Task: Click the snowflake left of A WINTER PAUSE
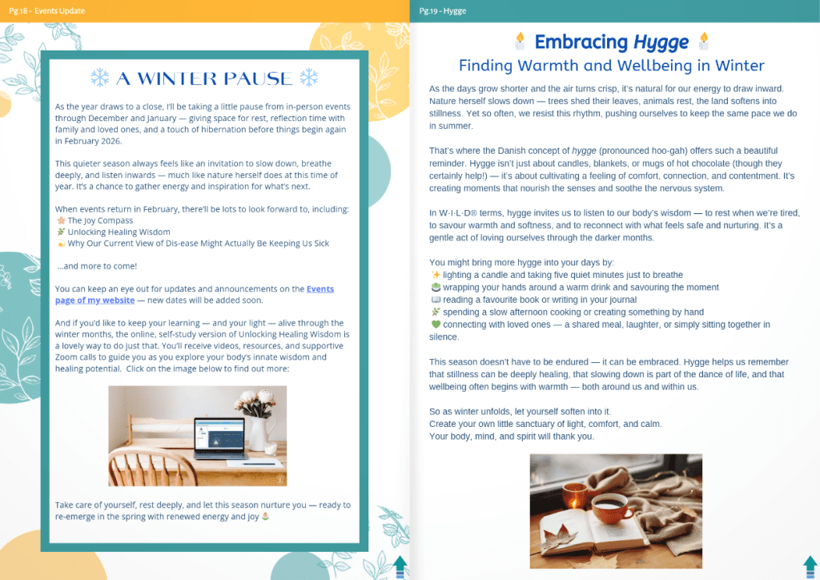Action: (x=100, y=78)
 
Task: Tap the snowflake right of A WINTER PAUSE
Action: (x=309, y=78)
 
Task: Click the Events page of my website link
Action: (x=195, y=295)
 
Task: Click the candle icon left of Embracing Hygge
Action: (x=520, y=41)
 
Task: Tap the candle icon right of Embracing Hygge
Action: (x=704, y=41)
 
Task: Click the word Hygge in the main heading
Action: (x=661, y=42)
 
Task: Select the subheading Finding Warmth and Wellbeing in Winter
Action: (x=611, y=66)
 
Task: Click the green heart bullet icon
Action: (x=436, y=324)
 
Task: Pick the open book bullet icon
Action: (x=436, y=300)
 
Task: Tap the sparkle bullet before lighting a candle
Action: (x=436, y=275)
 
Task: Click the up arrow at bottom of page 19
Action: (x=810, y=567)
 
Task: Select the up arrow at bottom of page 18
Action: (x=400, y=567)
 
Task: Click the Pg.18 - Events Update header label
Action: (x=47, y=11)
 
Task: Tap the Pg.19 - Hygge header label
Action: (x=442, y=11)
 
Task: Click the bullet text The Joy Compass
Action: (x=100, y=220)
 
